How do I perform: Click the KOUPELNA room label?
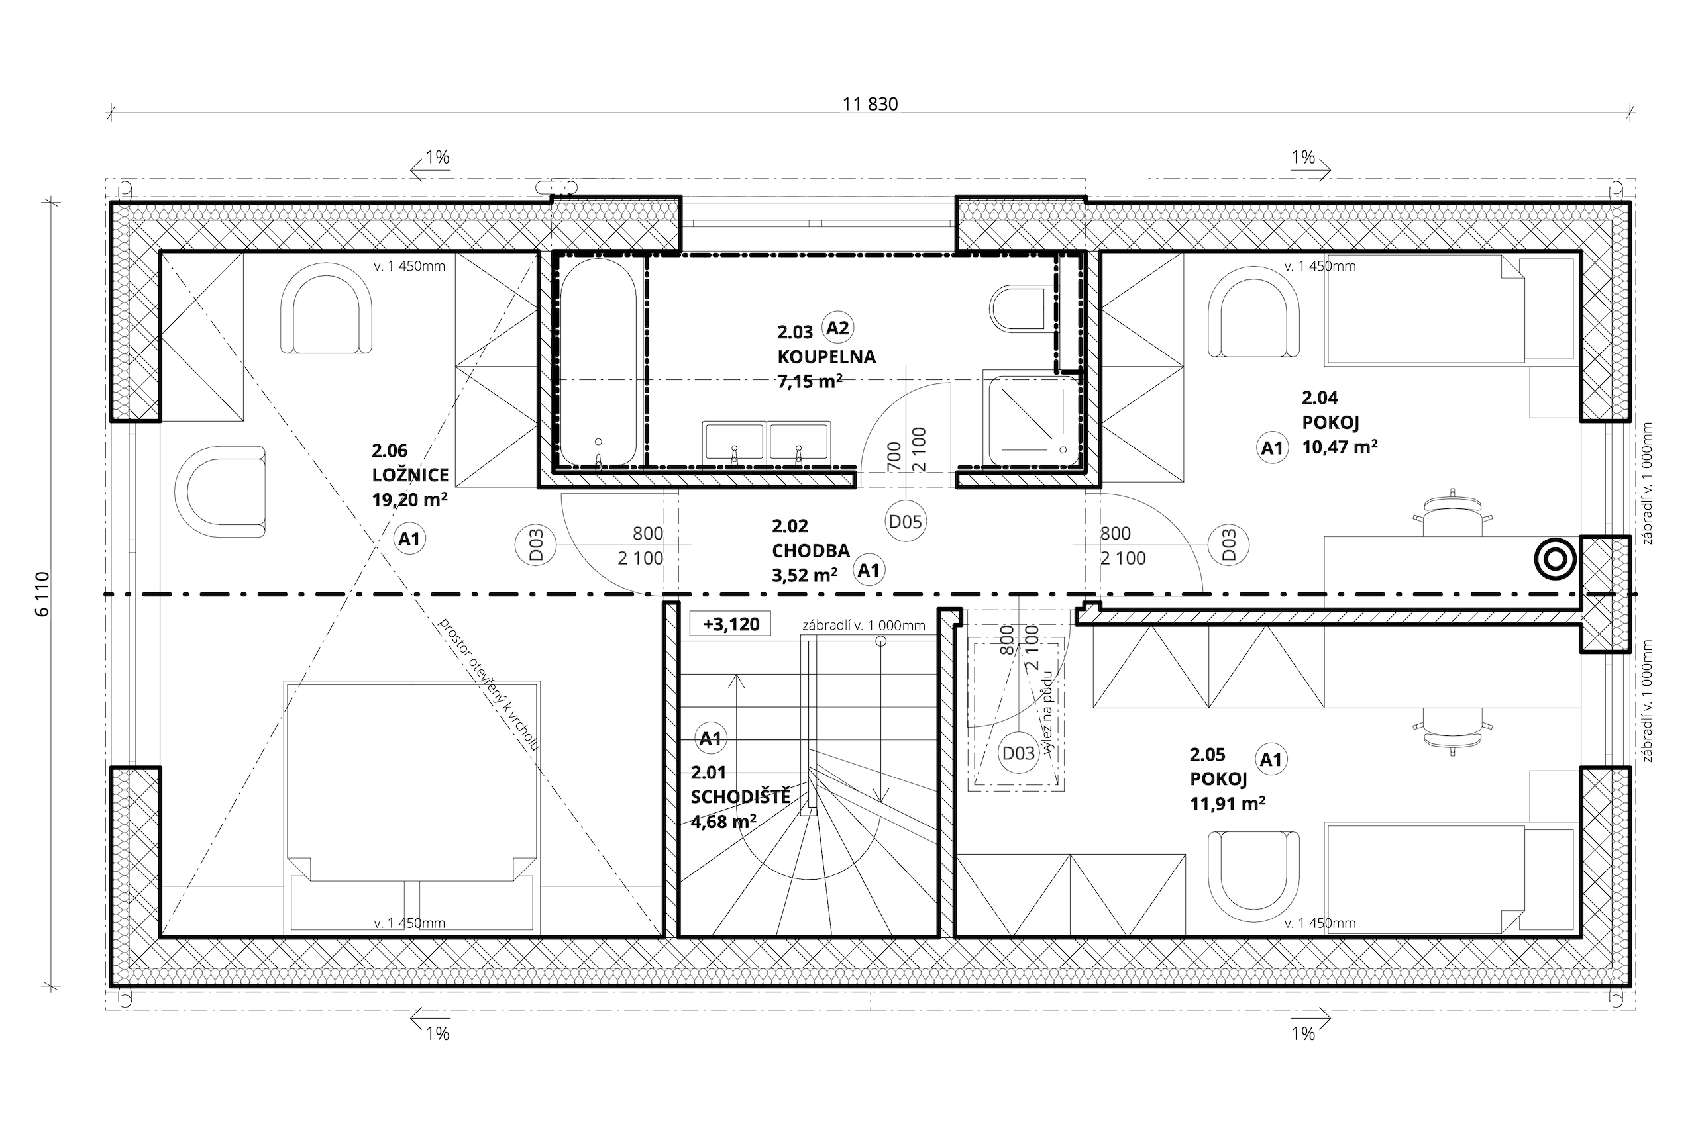pyautogui.click(x=826, y=357)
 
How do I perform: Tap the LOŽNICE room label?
pyautogui.click(x=410, y=475)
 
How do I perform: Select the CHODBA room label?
pyautogui.click(x=810, y=551)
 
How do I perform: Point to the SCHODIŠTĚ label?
pyautogui.click(x=741, y=797)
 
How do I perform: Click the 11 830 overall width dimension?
pyautogui.click(x=871, y=105)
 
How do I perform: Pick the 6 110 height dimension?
pyautogui.click(x=42, y=594)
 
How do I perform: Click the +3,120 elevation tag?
pyautogui.click(x=731, y=624)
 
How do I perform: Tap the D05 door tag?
pyautogui.click(x=905, y=522)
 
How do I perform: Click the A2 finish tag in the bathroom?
pyautogui.click(x=837, y=328)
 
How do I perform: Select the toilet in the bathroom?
pyautogui.click(x=1017, y=309)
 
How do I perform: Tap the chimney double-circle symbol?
pyautogui.click(x=1556, y=560)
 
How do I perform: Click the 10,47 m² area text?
pyautogui.click(x=1340, y=447)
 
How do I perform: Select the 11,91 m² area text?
pyautogui.click(x=1228, y=804)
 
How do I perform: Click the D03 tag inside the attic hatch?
pyautogui.click(x=1018, y=754)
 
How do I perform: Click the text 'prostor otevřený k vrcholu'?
pyautogui.click(x=488, y=684)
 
